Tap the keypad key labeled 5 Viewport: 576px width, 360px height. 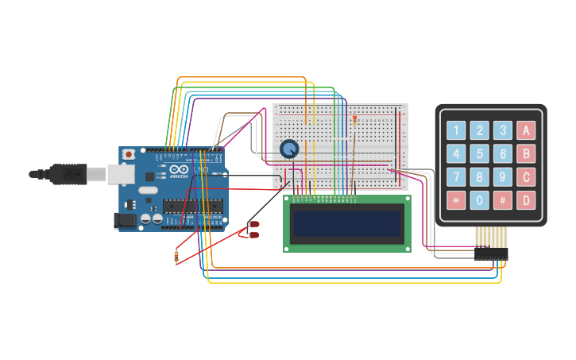[479, 153]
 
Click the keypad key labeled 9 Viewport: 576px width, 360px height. [502, 176]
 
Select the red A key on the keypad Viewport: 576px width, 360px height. [526, 130]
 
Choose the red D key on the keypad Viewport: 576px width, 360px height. [526, 200]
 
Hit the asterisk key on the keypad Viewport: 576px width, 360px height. [456, 200]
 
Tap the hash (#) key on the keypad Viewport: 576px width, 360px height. [502, 200]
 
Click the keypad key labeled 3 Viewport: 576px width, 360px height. [502, 130]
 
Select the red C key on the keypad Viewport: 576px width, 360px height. [526, 176]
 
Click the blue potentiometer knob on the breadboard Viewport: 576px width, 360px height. [289, 148]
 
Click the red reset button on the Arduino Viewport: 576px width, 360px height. [128, 154]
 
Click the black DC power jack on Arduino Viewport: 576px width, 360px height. [125, 220]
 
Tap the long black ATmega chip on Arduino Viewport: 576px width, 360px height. [192, 206]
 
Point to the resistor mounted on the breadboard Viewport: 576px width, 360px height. [354, 120]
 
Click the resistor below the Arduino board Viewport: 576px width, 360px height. [176, 256]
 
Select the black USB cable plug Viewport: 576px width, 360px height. [68, 172]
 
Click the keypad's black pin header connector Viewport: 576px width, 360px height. [490, 254]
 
